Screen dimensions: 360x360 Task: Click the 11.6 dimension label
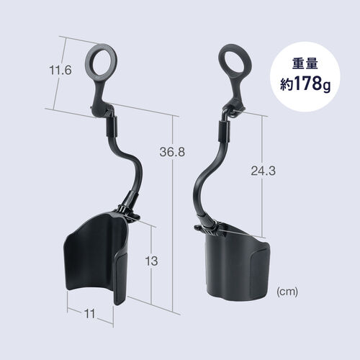click(60, 71)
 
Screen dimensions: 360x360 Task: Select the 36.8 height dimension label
click(172, 152)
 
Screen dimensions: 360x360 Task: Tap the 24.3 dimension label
click(264, 171)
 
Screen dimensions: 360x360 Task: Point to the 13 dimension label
click(151, 261)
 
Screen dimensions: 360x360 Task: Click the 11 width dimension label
click(89, 313)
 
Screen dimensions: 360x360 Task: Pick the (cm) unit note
click(287, 292)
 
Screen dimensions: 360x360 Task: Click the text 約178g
click(305, 84)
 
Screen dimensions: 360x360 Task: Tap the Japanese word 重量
click(305, 64)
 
